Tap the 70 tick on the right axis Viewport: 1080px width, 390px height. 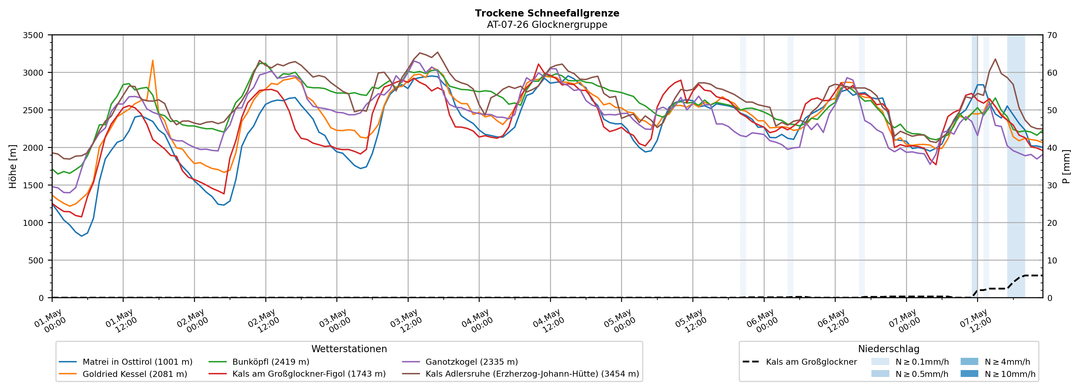point(1052,35)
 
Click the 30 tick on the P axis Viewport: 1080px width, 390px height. point(1052,185)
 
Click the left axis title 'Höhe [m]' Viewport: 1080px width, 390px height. point(13,166)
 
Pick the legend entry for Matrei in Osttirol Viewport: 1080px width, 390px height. point(126,362)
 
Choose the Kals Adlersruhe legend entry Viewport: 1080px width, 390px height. point(520,374)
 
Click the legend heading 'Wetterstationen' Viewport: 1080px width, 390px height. point(349,349)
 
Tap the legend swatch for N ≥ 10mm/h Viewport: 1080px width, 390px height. point(969,374)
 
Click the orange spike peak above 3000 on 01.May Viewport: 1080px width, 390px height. point(153,61)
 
